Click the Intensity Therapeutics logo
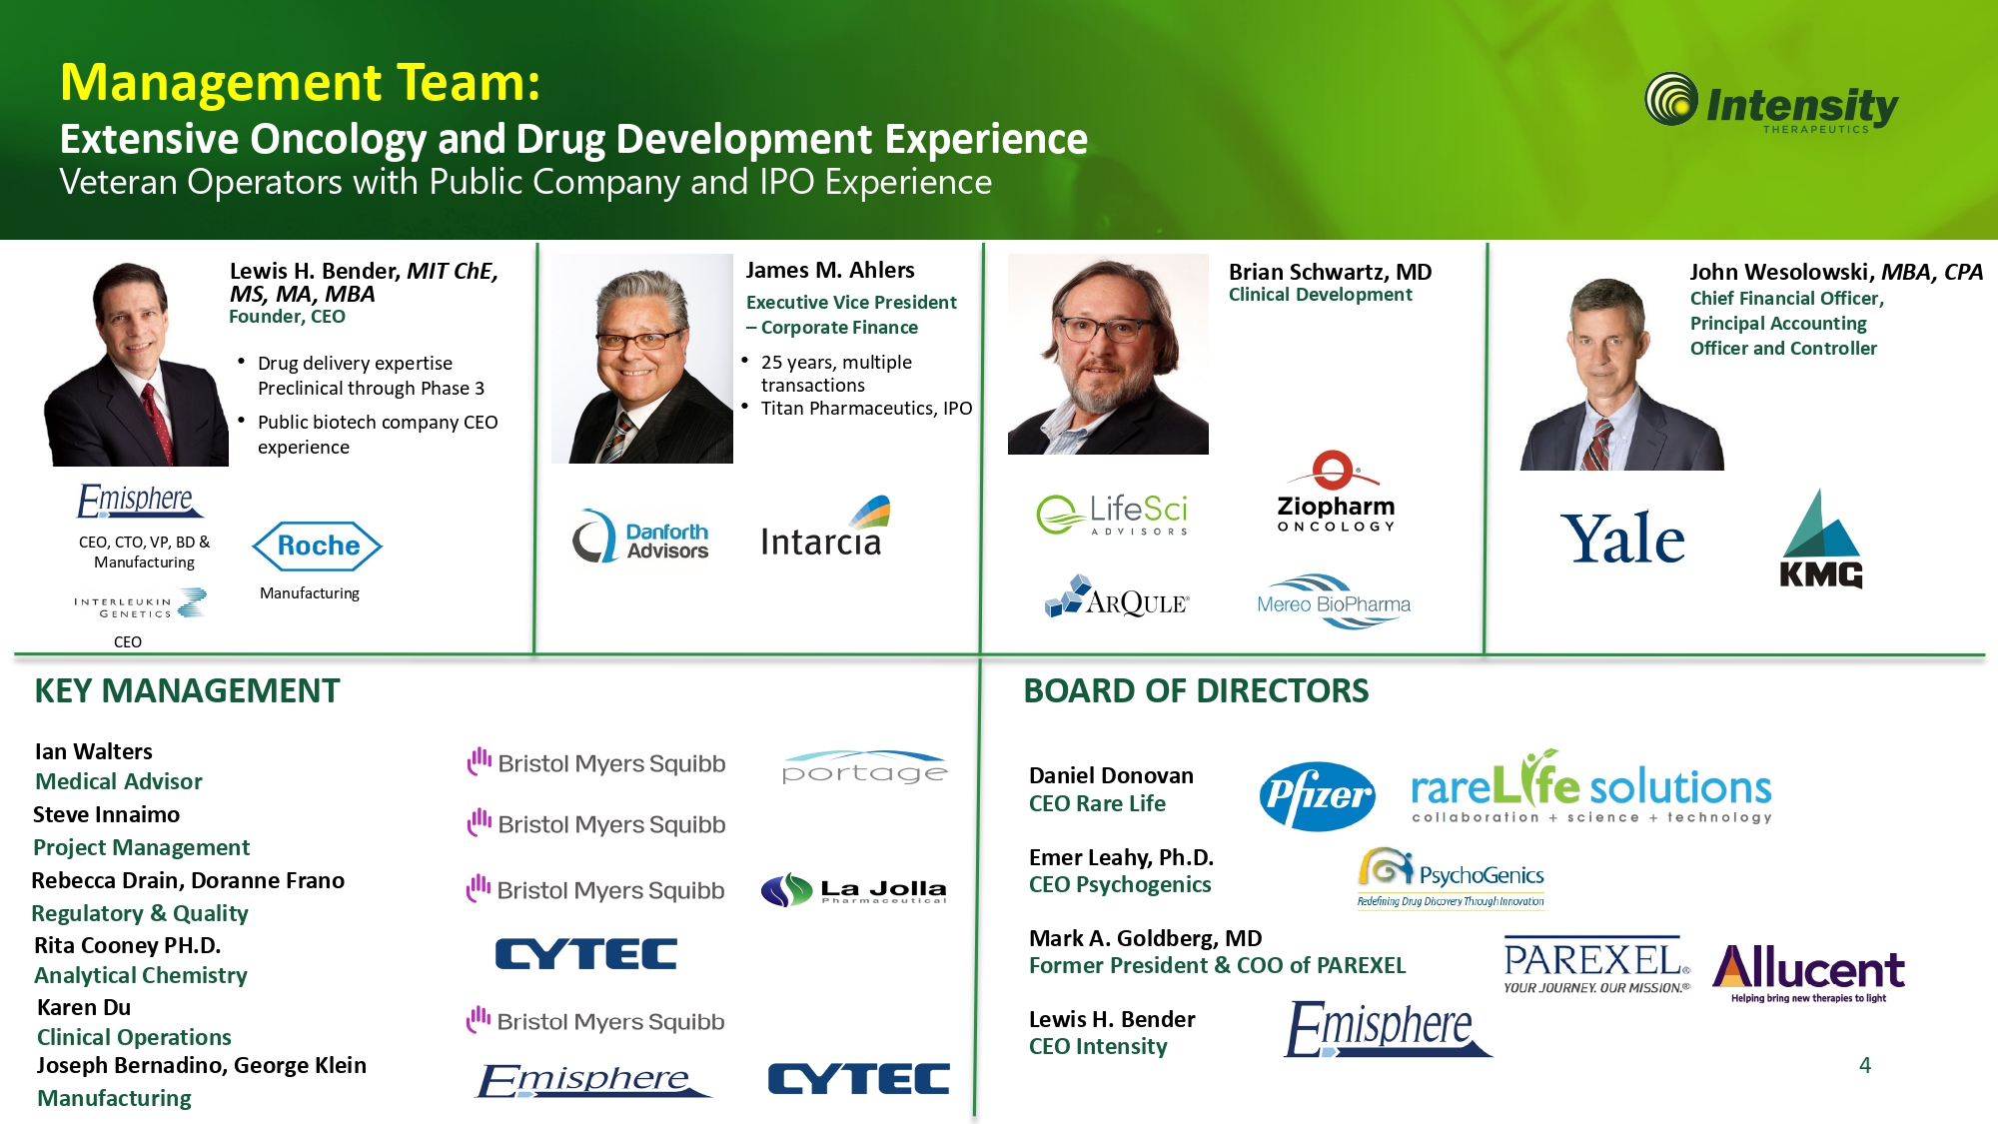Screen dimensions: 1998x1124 tap(1771, 104)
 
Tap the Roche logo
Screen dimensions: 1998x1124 tap(318, 546)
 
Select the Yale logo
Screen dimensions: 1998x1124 tap(1622, 539)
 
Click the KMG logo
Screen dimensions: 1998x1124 tap(1821, 540)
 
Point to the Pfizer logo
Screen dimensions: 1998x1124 tap(1318, 795)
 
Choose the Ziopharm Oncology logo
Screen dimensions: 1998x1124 tap(1336, 493)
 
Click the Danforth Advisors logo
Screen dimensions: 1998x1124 tap(640, 537)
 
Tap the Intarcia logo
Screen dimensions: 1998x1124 tap(824, 527)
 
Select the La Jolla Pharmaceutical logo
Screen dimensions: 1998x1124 tap(854, 889)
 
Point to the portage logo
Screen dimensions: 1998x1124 tap(865, 767)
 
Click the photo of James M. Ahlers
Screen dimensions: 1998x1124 tap(642, 359)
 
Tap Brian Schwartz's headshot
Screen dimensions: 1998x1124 tap(1108, 354)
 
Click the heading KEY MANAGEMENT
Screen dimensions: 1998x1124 tap(187, 690)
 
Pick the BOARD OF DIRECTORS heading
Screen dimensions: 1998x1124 tap(1196, 690)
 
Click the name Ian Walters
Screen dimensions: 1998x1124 tap(94, 751)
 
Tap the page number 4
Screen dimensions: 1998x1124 tap(1864, 1065)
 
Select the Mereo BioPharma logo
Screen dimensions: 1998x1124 tap(1334, 601)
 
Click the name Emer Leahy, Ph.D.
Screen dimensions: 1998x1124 tap(1121, 857)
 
